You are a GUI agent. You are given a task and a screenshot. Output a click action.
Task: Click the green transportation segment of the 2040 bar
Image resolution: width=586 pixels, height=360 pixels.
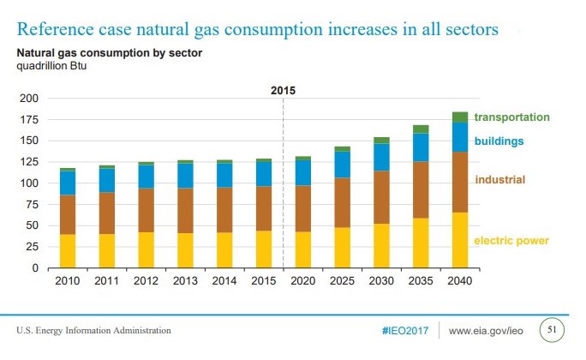click(459, 117)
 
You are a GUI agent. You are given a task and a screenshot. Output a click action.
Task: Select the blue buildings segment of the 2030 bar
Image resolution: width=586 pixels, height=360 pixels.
click(381, 157)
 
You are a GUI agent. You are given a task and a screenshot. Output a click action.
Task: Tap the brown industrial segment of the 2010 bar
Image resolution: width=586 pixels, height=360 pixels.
click(68, 214)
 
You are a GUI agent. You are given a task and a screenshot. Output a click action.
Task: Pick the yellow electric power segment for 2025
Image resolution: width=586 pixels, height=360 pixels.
click(342, 248)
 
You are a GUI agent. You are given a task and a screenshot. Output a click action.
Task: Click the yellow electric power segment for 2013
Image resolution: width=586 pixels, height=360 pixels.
click(185, 250)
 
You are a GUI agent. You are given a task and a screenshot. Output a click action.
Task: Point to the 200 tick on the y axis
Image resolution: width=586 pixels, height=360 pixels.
click(30, 99)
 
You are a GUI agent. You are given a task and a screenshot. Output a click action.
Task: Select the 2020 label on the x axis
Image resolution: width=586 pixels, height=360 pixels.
click(302, 280)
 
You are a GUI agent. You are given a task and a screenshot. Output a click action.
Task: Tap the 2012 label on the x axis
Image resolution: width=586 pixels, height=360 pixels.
click(146, 280)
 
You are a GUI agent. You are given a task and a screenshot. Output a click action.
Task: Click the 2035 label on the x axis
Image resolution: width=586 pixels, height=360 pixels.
click(420, 280)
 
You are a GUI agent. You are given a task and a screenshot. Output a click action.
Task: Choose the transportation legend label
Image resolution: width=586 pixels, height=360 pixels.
click(511, 117)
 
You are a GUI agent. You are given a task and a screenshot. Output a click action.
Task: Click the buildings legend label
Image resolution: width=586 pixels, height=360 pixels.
click(499, 141)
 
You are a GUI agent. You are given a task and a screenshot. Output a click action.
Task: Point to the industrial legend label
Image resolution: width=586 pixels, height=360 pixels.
click(500, 180)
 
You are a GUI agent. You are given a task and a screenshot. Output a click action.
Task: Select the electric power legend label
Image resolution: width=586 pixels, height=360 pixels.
click(511, 241)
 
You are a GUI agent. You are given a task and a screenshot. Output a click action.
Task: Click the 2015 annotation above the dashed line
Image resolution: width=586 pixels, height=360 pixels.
click(283, 90)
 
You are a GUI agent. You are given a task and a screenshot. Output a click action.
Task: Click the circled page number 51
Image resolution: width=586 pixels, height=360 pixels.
click(553, 329)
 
